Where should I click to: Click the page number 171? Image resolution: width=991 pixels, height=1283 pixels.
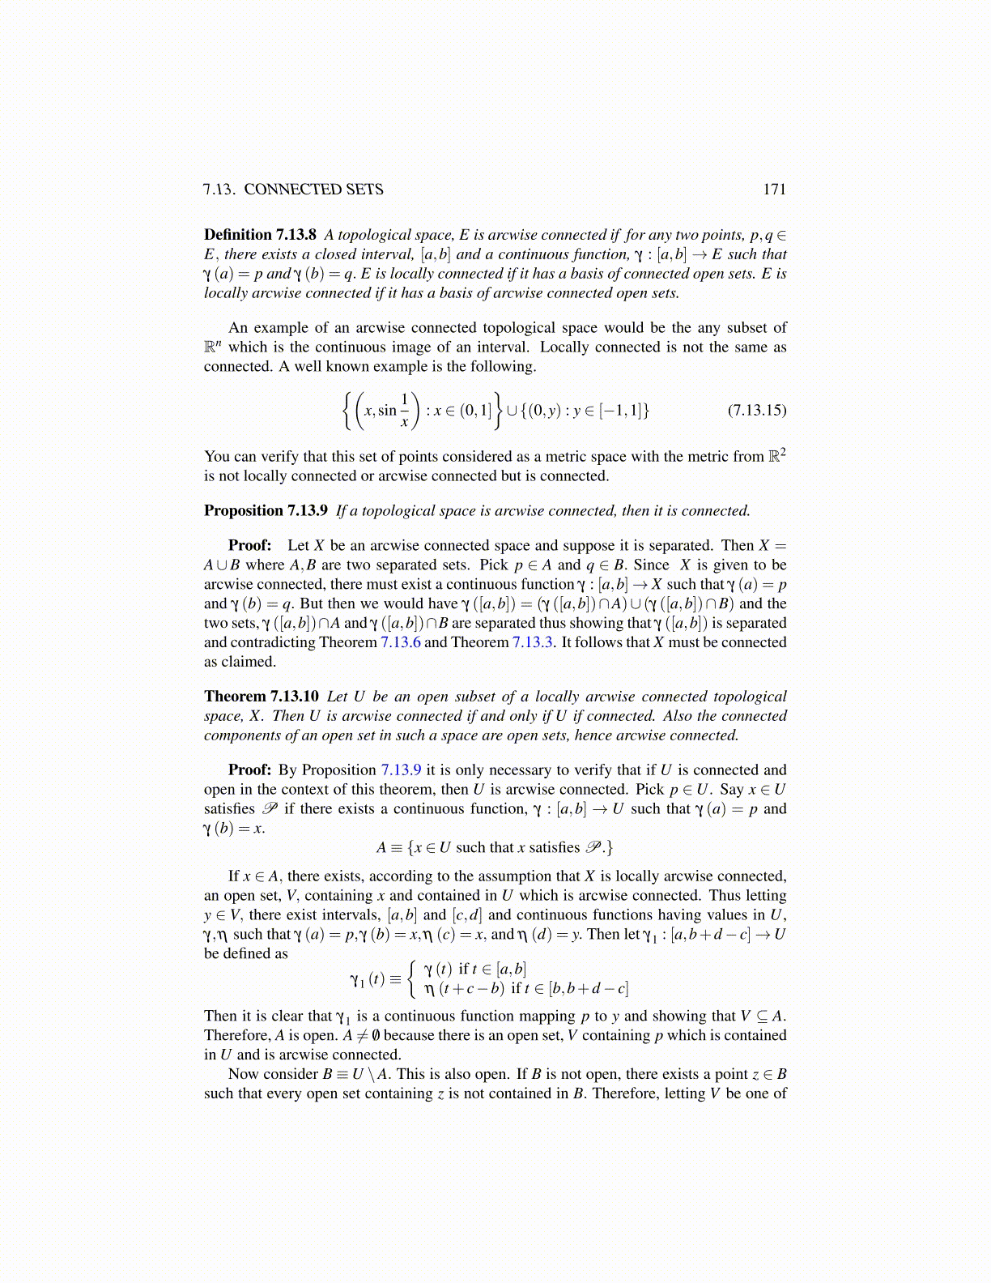pos(774,190)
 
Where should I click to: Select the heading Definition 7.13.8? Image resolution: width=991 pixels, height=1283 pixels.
pos(260,235)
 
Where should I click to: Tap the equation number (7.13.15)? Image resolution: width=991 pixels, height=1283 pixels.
pos(756,410)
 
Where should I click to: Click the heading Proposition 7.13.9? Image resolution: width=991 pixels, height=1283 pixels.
pos(266,511)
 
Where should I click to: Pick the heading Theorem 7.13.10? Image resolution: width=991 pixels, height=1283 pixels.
pos(262,697)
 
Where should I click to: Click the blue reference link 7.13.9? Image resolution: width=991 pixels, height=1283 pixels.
pos(401,770)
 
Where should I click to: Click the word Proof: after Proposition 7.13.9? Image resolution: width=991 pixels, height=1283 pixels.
pos(249,546)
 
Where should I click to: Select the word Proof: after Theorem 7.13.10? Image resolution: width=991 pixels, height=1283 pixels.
pos(249,770)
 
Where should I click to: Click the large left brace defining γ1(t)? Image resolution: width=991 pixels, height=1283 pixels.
pos(413,978)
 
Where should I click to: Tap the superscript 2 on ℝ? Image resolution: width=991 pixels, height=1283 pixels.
pos(783,452)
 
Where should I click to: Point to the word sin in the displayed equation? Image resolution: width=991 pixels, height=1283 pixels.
pos(387,411)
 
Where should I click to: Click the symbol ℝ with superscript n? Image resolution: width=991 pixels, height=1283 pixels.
pos(212,348)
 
